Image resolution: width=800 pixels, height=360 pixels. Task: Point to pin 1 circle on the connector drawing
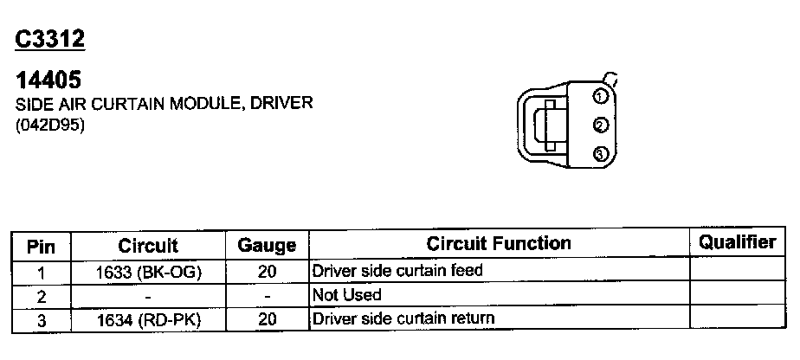click(x=599, y=96)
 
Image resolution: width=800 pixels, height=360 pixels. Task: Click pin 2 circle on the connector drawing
click(x=599, y=125)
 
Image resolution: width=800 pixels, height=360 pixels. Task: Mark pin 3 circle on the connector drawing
click(x=599, y=154)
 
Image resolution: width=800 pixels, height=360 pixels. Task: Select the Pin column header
click(x=42, y=247)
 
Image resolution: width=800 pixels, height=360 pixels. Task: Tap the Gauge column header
click(x=267, y=247)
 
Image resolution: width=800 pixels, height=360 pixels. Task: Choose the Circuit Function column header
click(x=499, y=244)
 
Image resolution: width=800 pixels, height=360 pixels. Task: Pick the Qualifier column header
click(x=738, y=243)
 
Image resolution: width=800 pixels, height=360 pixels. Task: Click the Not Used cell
click(x=346, y=295)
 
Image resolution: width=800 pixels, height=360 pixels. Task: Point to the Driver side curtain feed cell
click(x=397, y=271)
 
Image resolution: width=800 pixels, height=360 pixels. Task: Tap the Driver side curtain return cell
click(x=403, y=319)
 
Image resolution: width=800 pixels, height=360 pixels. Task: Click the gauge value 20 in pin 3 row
click(x=267, y=320)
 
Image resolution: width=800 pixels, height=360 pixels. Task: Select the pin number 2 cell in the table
click(x=41, y=296)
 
